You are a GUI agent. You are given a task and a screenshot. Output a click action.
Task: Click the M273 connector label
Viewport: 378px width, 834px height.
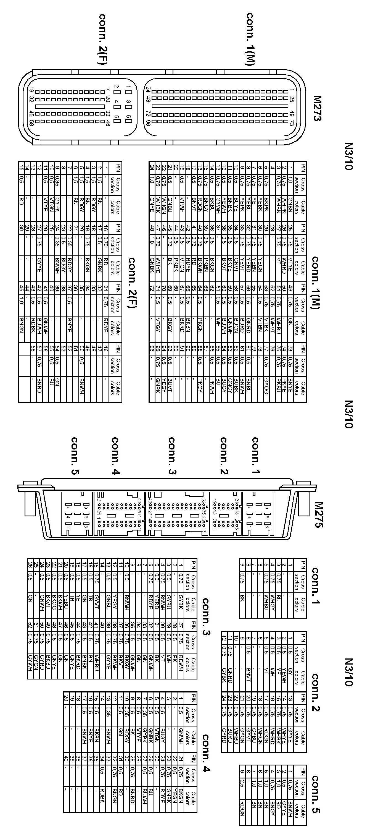tap(317, 108)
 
